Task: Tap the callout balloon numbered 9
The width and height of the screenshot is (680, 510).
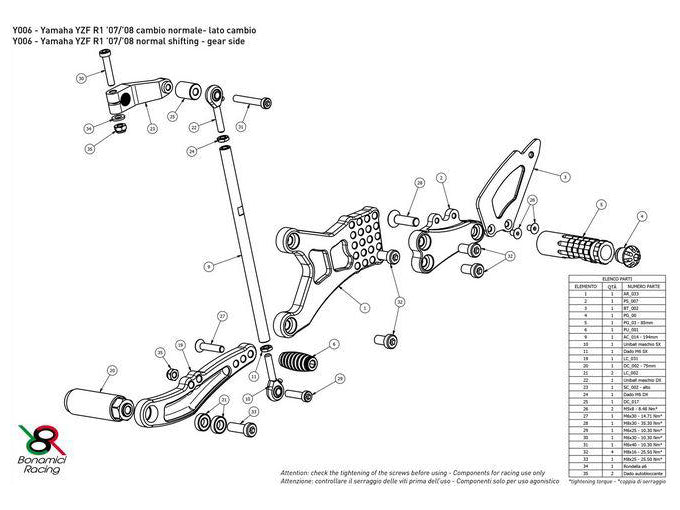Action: [x=208, y=266]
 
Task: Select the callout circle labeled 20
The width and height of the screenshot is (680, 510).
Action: [x=111, y=371]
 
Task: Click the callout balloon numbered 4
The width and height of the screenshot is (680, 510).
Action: [x=643, y=216]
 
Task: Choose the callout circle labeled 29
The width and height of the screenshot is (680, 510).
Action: [x=340, y=378]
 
